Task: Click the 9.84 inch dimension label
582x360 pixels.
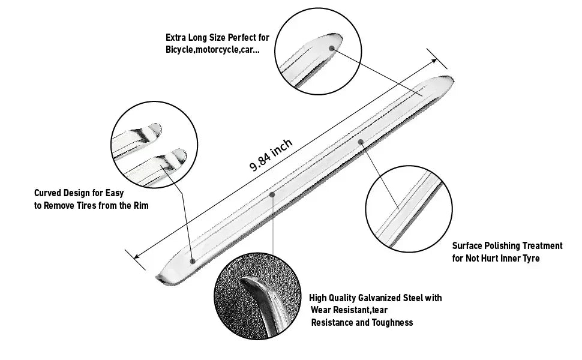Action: (x=271, y=155)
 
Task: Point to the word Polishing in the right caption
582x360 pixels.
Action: (x=504, y=245)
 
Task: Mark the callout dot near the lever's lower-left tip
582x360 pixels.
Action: (x=193, y=261)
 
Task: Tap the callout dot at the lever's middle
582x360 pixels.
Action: (x=272, y=194)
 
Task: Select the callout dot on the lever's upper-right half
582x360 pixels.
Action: (x=361, y=142)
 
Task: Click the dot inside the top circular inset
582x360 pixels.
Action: (x=332, y=46)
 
